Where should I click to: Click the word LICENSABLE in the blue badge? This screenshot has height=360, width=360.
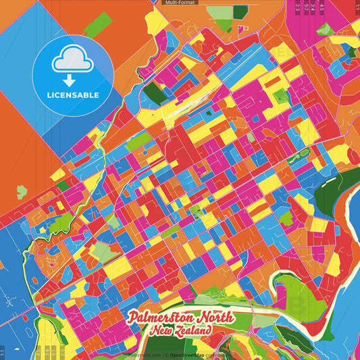pyautogui.click(x=73, y=95)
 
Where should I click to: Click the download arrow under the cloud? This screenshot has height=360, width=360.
pyautogui.click(x=73, y=74)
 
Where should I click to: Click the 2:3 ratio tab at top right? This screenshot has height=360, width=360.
pyautogui.click(x=297, y=7)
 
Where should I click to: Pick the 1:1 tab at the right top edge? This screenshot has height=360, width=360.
pyautogui.click(x=357, y=7)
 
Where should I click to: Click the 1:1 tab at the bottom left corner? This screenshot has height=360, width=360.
pyautogui.click(x=3, y=353)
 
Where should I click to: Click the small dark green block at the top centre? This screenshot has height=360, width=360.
pyautogui.click(x=240, y=11)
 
